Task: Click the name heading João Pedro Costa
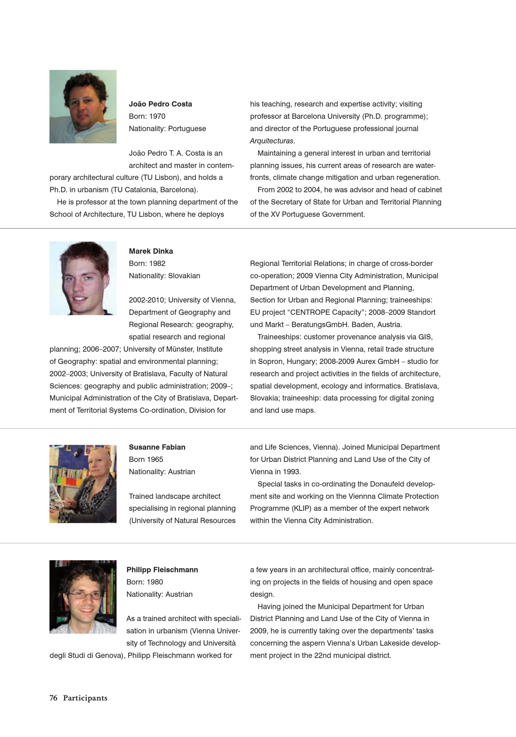pyautogui.click(x=160, y=104)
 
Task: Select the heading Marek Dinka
pyautogui.click(x=151, y=251)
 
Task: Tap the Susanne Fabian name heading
pyautogui.click(x=157, y=447)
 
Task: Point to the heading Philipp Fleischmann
pyautogui.click(x=162, y=570)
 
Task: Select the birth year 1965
pyautogui.click(x=155, y=459)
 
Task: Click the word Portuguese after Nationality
pyautogui.click(x=187, y=129)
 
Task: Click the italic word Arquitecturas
pyautogui.click(x=272, y=141)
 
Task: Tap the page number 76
pyautogui.click(x=53, y=698)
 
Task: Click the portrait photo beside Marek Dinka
pyautogui.click(x=83, y=278)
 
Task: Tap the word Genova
pyautogui.click(x=110, y=655)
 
